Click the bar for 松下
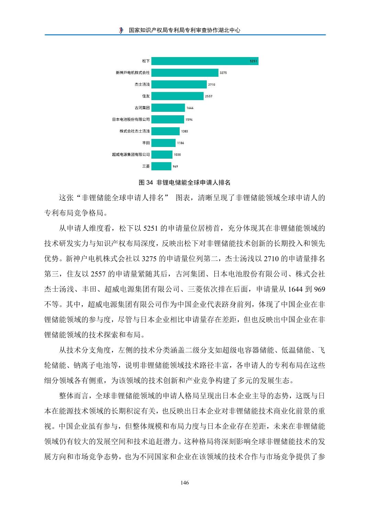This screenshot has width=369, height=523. [x=205, y=61]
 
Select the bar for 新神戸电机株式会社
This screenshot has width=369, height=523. [x=185, y=73]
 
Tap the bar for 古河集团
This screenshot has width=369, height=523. [x=168, y=108]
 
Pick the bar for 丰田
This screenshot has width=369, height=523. [x=164, y=143]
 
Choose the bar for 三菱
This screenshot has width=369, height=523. [x=161, y=166]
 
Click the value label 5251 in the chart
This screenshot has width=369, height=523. [x=254, y=61]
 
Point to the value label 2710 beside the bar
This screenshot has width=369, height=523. [x=212, y=85]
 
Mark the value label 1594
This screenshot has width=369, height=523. [x=189, y=120]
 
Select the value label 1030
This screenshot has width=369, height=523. [x=177, y=155]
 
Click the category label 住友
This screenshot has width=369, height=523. [x=146, y=96]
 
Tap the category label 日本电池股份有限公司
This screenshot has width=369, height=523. [x=131, y=120]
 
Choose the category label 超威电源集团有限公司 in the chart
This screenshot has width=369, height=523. [x=131, y=155]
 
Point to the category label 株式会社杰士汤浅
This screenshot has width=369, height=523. [x=135, y=131]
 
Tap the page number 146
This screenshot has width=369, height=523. [x=184, y=483]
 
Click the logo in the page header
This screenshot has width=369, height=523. [x=121, y=30]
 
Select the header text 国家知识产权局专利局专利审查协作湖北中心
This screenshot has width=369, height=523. [x=184, y=30]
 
